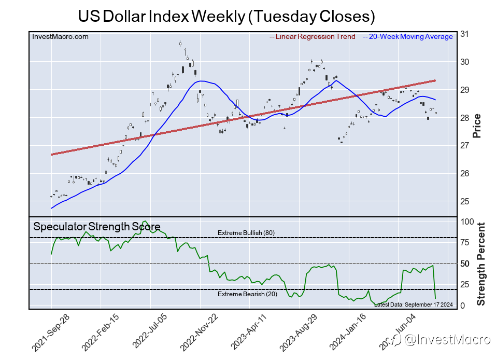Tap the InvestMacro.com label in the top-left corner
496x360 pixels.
coord(60,36)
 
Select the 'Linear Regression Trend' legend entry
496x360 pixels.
coord(313,37)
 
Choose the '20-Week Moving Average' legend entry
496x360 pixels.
coord(408,37)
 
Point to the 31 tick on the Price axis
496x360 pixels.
coord(464,34)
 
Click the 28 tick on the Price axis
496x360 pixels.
coord(464,118)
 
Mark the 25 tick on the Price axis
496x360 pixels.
coord(464,201)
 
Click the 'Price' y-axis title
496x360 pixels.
coord(477,126)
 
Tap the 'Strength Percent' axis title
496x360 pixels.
coord(480,264)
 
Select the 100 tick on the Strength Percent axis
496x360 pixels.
coord(467,221)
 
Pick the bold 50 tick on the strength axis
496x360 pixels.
coord(465,264)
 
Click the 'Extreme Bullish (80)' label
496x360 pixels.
coord(246,233)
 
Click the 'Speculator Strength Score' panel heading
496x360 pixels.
coord(97,227)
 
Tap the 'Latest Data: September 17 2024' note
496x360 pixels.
coord(413,304)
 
